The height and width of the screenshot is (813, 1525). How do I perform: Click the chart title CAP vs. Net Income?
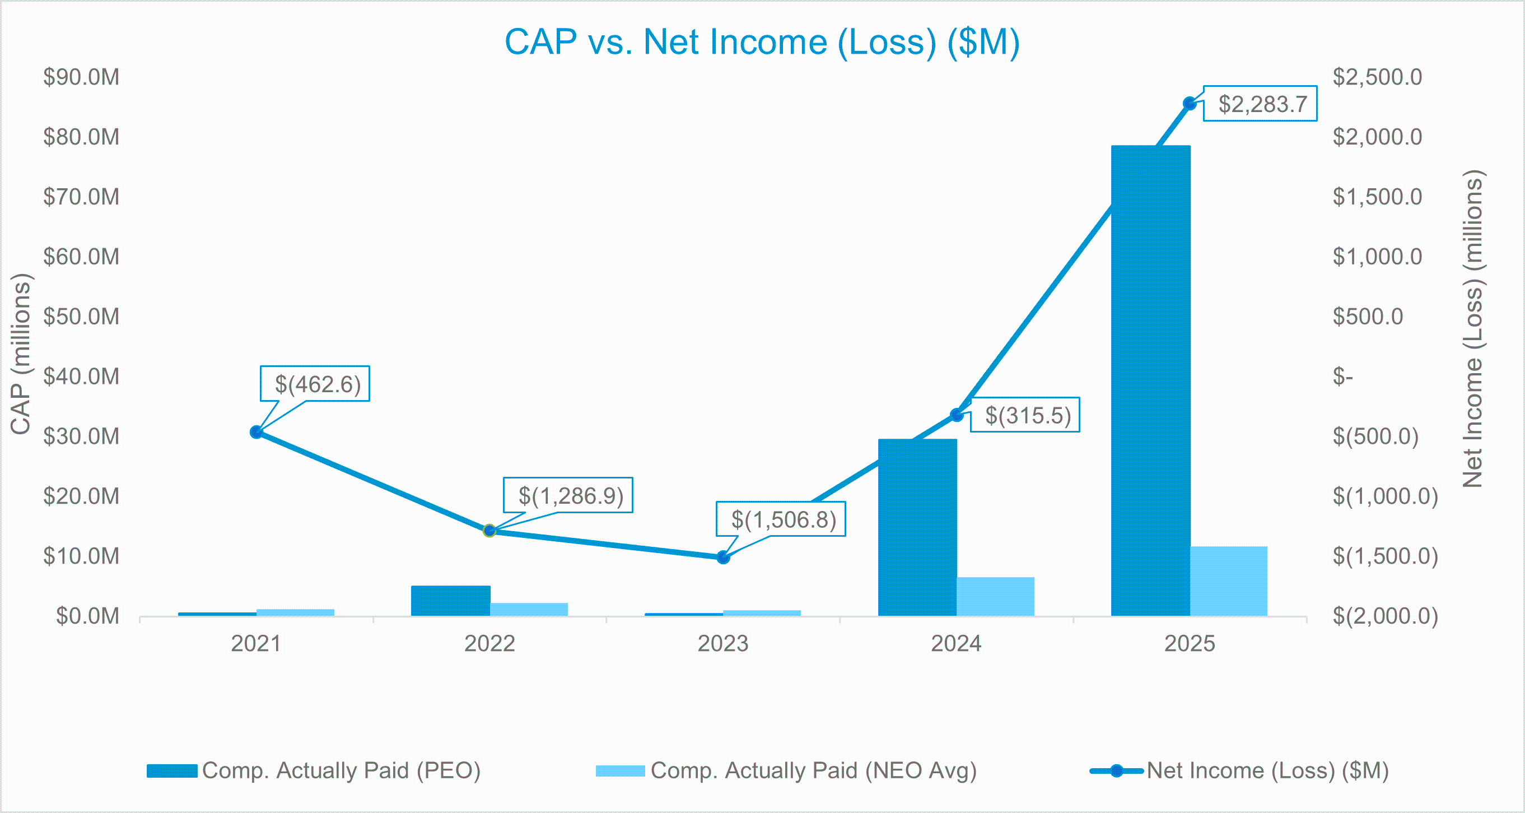[x=762, y=42]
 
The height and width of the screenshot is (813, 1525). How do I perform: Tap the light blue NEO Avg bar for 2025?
[x=1228, y=581]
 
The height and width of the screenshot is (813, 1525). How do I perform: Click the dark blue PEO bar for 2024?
[x=917, y=527]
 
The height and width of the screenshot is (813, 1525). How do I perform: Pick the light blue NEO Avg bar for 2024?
[x=995, y=596]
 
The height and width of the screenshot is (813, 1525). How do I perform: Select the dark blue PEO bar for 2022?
[x=450, y=601]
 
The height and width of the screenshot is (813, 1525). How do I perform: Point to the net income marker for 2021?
[x=257, y=432]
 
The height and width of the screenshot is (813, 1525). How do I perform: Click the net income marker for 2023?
[x=723, y=557]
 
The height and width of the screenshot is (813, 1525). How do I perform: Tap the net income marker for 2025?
[x=1190, y=104]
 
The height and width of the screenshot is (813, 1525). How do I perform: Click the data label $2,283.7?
[x=1262, y=104]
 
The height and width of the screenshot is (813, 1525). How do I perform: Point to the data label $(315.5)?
[x=1027, y=415]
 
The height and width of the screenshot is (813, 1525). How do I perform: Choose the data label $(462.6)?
[x=317, y=384]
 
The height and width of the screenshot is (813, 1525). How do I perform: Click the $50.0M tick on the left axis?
[x=81, y=316]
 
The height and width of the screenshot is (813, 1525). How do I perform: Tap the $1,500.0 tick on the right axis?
[x=1377, y=197]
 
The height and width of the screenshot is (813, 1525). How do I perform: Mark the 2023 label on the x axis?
[x=723, y=644]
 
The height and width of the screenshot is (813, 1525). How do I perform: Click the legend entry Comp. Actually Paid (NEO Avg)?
[x=813, y=770]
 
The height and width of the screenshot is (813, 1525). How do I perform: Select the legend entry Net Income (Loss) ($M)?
[x=1267, y=770]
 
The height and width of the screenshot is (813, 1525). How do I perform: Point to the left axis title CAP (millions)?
[x=21, y=354]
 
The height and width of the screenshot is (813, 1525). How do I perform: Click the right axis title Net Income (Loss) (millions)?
[x=1473, y=329]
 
